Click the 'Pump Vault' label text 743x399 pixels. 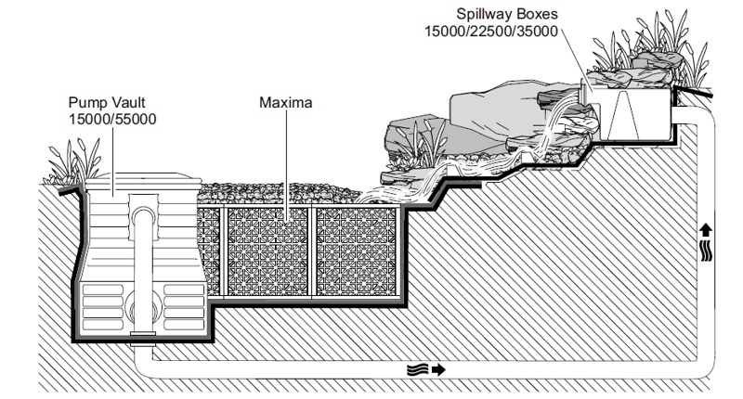pyautogui.click(x=107, y=103)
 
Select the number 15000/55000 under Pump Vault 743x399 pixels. pyautogui.click(x=112, y=120)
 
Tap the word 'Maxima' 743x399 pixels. pyautogui.click(x=286, y=103)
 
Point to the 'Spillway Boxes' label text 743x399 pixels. pyautogui.click(x=507, y=14)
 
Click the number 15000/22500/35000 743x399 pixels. pyautogui.click(x=491, y=32)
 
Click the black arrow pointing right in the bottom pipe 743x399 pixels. pyautogui.click(x=438, y=369)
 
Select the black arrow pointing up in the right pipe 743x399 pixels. pyautogui.click(x=706, y=230)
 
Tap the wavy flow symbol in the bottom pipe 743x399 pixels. pyautogui.click(x=417, y=369)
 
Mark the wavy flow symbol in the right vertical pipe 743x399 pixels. pyautogui.click(x=706, y=251)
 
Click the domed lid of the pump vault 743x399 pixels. pyautogui.click(x=143, y=180)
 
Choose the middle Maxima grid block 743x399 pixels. pyautogui.click(x=267, y=251)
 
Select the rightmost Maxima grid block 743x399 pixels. pyautogui.click(x=356, y=251)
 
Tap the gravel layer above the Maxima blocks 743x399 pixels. pyautogui.click(x=280, y=194)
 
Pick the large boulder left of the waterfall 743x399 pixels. pyautogui.click(x=498, y=109)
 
